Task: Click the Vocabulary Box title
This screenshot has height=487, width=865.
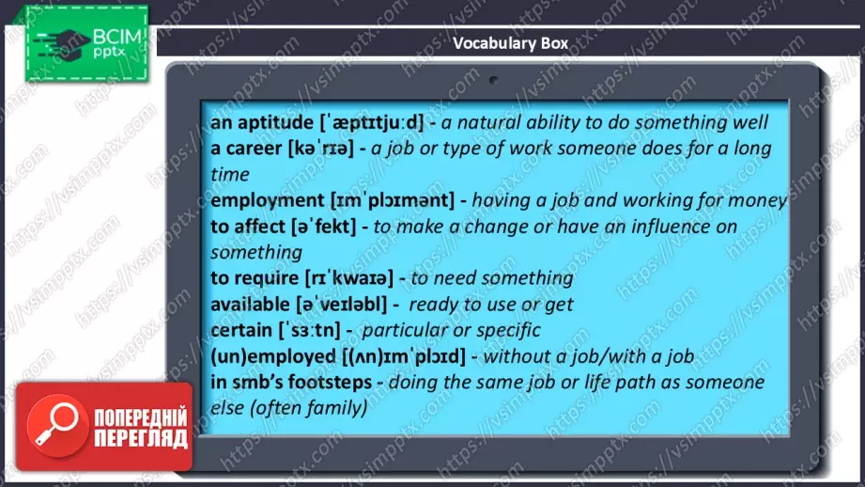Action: point(510,43)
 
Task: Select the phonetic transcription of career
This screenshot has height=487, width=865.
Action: point(320,149)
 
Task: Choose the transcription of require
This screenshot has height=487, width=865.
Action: point(349,277)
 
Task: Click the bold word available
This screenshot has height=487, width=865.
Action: point(250,305)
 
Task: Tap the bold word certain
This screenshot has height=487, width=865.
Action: point(241,330)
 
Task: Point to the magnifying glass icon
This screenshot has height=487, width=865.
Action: point(55,425)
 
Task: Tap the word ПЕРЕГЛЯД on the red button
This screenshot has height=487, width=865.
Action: point(141,438)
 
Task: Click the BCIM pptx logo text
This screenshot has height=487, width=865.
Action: point(116,43)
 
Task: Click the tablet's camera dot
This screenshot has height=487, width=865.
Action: point(493,80)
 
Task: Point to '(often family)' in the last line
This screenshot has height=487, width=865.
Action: point(309,408)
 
